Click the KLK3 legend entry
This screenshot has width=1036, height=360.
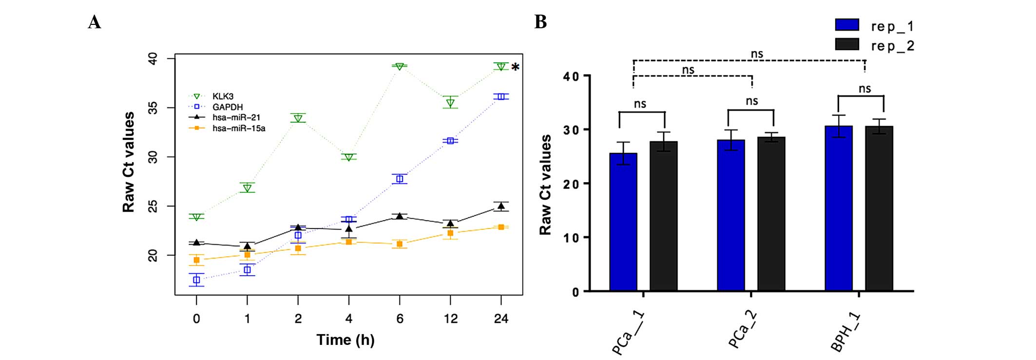coord(223,96)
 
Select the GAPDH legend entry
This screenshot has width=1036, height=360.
coord(227,107)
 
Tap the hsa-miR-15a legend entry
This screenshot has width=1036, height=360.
coord(238,128)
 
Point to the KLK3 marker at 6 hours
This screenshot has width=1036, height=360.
coord(400,66)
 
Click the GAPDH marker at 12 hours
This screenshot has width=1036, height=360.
coord(450,141)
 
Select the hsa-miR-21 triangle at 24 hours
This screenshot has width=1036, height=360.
coord(501,207)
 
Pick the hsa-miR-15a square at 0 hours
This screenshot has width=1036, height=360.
coord(196,260)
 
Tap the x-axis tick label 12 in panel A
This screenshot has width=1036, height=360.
coord(450,319)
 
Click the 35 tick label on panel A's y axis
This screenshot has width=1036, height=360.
coord(153,108)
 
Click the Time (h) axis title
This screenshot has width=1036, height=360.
coord(345,340)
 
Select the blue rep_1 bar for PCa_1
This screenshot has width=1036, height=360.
coord(623,222)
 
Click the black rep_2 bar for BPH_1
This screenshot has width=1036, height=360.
coord(879,208)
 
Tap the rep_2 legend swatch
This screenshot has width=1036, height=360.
coord(847,45)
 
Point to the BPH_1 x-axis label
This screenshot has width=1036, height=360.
coord(845,333)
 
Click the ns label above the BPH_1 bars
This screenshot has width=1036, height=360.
coord(864,89)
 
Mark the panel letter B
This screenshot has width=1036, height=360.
coord(540,22)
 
